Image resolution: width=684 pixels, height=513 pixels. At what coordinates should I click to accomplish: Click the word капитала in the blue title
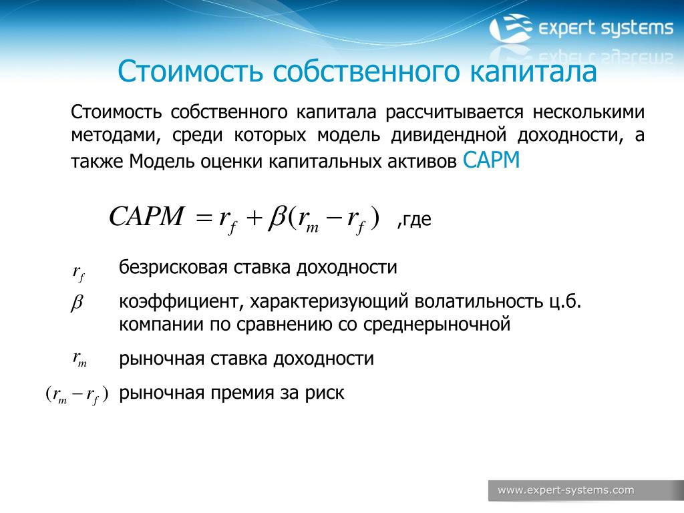[x=532, y=71]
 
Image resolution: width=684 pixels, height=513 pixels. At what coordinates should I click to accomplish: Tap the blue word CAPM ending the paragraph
[x=491, y=160]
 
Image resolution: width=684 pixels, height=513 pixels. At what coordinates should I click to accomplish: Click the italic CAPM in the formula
[x=146, y=216]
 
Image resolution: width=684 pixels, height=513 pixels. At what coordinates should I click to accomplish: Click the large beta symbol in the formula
[x=277, y=217]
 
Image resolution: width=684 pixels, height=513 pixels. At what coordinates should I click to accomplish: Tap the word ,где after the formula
[x=414, y=219]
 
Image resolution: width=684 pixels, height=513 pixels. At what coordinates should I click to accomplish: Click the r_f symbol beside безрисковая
[x=79, y=273]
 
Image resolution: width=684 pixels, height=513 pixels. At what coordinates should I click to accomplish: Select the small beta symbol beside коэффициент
[x=76, y=303]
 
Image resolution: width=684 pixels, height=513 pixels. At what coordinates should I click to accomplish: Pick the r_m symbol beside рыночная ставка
[x=80, y=359]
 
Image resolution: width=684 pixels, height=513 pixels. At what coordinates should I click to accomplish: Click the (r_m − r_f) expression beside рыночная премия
[x=77, y=395]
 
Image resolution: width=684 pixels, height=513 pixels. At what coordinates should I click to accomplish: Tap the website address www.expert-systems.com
[x=566, y=490]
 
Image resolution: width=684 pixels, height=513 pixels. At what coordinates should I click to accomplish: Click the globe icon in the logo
[x=510, y=28]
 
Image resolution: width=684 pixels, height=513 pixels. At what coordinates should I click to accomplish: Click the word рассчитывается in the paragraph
[x=454, y=112]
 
